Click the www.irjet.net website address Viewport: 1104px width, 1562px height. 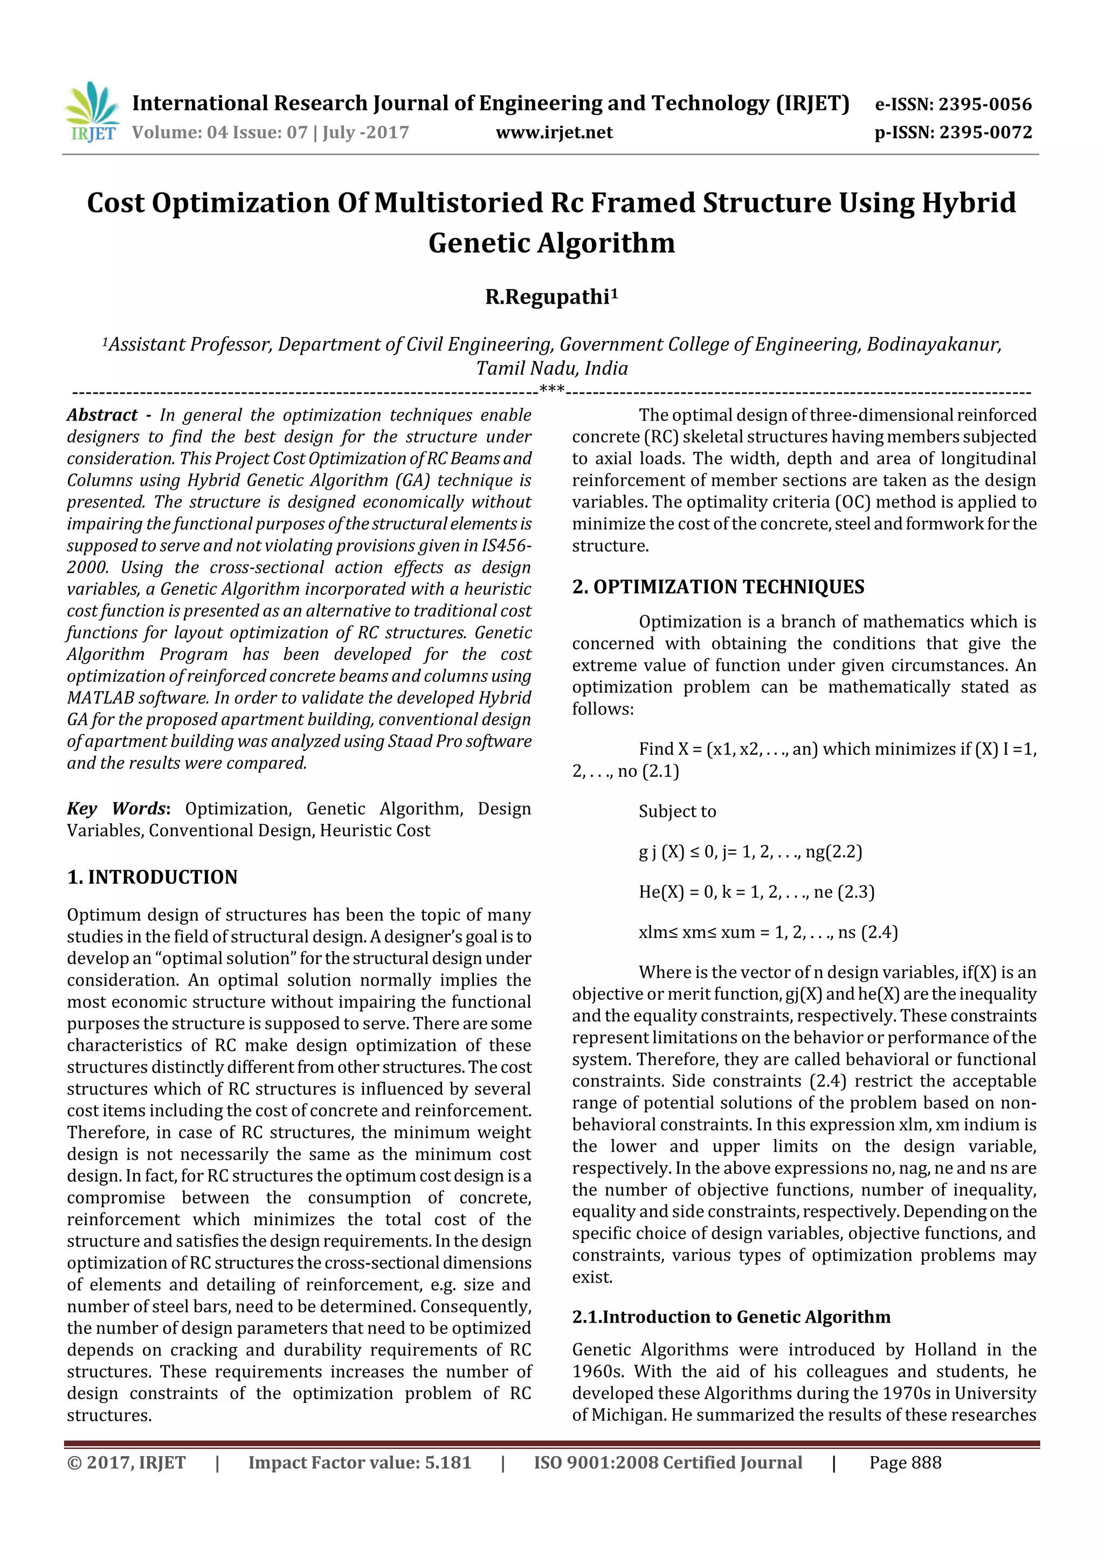coord(554,133)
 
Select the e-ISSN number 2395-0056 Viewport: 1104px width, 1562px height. coord(985,104)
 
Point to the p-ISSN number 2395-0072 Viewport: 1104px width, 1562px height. coord(985,133)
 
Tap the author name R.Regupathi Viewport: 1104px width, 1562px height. coord(548,297)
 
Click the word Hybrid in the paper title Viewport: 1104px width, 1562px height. coord(969,203)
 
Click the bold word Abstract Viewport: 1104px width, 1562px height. coord(102,415)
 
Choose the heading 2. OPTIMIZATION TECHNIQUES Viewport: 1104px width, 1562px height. coord(717,587)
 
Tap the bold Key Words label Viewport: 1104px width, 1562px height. coord(116,808)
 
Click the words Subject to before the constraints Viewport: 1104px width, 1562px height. coord(677,811)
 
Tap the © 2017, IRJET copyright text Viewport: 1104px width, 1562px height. coord(127,1462)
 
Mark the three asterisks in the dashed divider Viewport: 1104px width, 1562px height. coord(551,389)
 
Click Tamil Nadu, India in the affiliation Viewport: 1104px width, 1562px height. coord(551,368)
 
